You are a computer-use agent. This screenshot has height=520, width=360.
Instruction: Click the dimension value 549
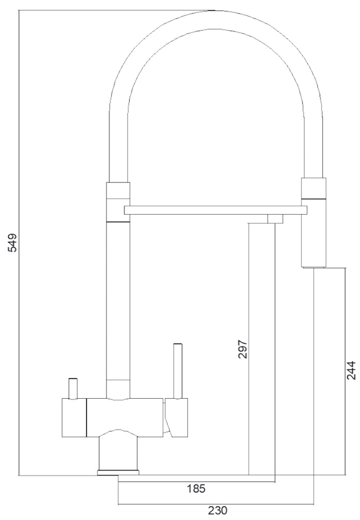[x=13, y=243]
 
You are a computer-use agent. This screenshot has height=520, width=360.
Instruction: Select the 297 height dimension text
[x=243, y=349]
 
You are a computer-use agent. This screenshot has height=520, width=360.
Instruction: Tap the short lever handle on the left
[x=73, y=388]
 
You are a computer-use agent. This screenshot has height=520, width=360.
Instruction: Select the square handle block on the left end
[x=74, y=418]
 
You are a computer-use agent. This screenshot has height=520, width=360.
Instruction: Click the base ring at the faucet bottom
[x=119, y=472]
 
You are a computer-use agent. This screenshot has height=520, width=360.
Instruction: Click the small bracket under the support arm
[x=275, y=219]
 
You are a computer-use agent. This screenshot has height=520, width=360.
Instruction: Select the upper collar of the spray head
[x=313, y=189]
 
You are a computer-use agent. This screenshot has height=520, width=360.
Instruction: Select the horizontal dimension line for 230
[x=216, y=503]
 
